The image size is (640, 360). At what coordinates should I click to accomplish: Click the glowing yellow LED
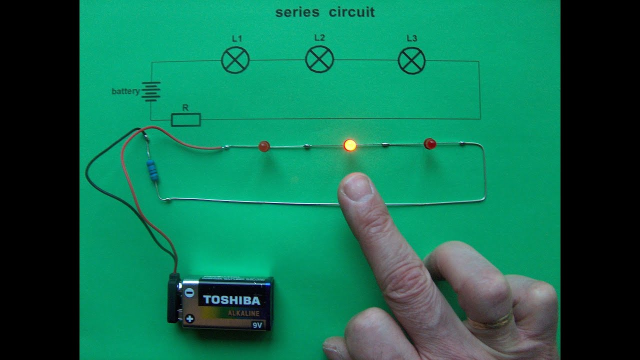point(350,145)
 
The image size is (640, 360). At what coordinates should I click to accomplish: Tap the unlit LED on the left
point(264,146)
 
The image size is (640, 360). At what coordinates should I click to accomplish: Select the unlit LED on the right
point(429,144)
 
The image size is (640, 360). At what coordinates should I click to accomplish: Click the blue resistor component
point(153,170)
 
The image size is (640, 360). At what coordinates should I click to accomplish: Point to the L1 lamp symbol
point(235,60)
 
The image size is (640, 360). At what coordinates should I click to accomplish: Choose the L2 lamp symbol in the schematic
point(319,59)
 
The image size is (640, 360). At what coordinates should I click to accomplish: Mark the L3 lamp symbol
point(411,60)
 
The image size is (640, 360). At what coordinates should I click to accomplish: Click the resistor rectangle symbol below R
point(186,119)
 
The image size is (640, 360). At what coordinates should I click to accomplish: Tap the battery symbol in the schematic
point(151,91)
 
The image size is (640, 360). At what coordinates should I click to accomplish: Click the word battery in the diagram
point(125,91)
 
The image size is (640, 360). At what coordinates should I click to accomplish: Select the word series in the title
point(297,12)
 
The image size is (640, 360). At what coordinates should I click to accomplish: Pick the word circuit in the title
point(351,12)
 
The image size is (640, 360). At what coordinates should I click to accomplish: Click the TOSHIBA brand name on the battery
point(231,300)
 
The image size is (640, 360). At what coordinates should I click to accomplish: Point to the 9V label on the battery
point(257,325)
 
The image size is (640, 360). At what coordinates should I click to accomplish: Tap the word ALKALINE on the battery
point(243,313)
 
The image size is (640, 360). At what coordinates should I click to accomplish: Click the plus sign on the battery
point(189,318)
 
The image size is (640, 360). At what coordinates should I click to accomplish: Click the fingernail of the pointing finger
point(356,187)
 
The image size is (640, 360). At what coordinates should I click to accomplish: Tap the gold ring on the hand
point(489,321)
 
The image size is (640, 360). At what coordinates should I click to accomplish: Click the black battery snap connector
point(173,297)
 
